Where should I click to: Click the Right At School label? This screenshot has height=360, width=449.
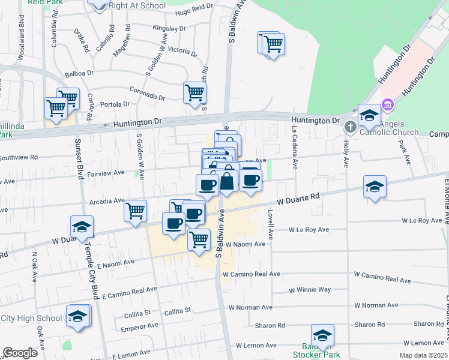pos(137,6)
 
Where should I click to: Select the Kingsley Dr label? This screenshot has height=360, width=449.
pos(169,28)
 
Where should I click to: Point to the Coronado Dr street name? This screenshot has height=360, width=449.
pos(147,93)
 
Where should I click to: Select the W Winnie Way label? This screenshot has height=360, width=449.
pos(310,290)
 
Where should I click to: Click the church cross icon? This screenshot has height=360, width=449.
pos(351,127)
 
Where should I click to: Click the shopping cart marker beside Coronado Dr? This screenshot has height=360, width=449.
pos(194,94)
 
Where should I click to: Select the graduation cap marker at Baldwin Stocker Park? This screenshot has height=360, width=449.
pos(322,335)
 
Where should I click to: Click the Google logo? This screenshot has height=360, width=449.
pos(20,353)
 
